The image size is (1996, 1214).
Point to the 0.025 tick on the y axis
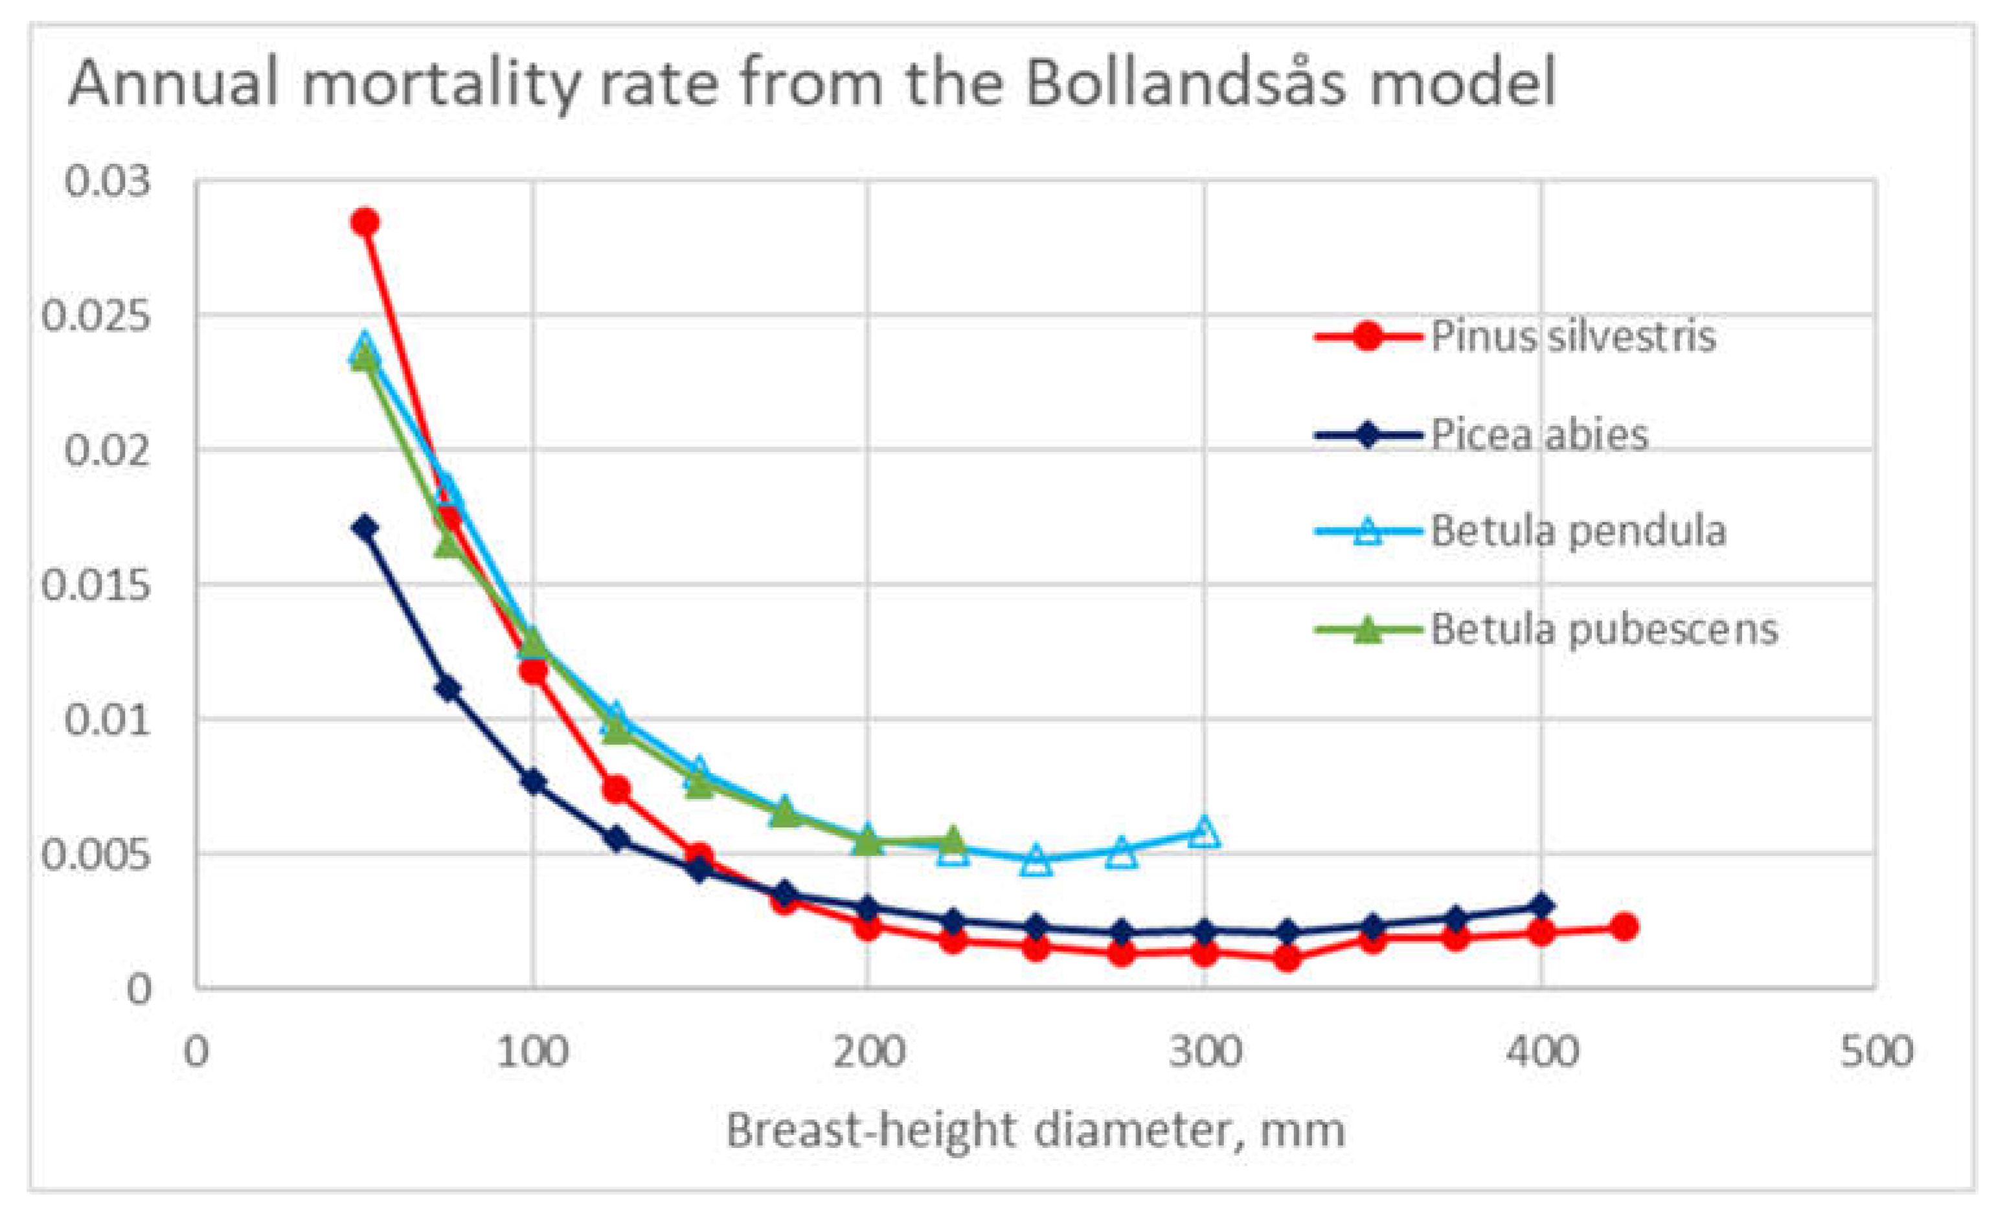click(96, 316)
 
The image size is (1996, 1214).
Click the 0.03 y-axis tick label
click(107, 181)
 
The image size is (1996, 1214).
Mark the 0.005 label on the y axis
click(96, 855)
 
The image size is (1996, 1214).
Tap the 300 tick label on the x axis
click(1205, 1053)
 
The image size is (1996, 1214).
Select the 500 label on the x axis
click(1876, 1053)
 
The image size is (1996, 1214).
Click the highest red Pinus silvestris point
click(365, 221)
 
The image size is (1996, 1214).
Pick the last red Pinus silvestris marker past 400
click(1624, 927)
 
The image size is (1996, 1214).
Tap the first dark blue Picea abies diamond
click(365, 527)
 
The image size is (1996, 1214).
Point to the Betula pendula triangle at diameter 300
click(1205, 833)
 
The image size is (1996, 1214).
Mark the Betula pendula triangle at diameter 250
click(1036, 861)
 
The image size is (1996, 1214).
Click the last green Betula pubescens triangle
click(953, 839)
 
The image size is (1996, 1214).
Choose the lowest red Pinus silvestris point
click(1288, 959)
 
